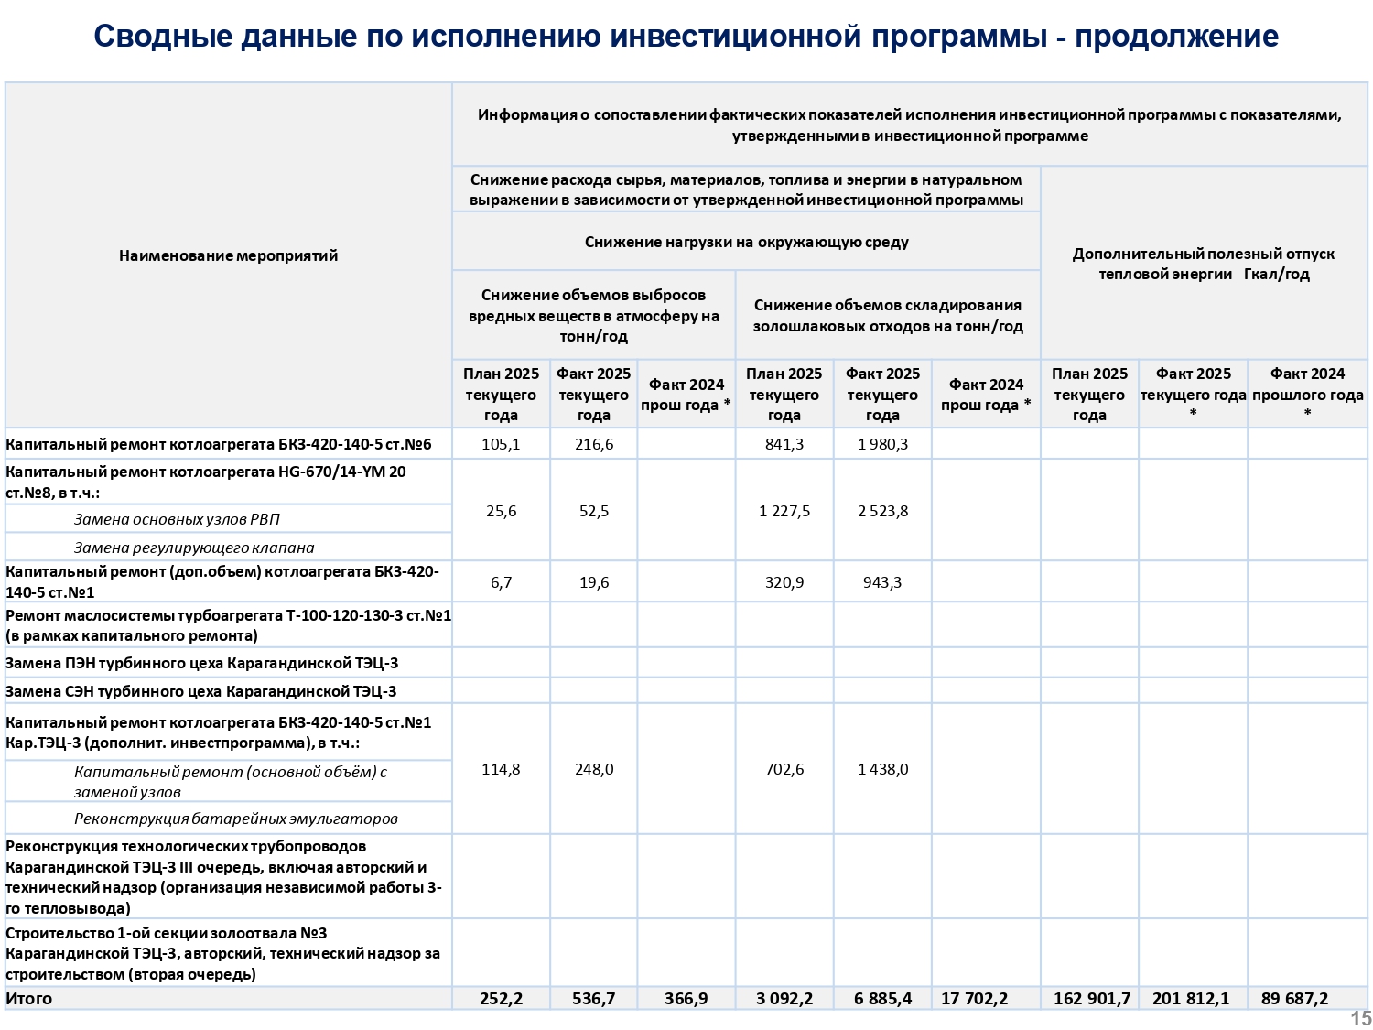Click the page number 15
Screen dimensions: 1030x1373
point(1360,1018)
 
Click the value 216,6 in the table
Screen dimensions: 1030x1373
point(594,444)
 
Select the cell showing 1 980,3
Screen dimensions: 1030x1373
point(882,444)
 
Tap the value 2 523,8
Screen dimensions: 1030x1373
point(882,511)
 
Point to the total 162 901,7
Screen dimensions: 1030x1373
point(1091,998)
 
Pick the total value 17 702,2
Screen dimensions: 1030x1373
point(974,998)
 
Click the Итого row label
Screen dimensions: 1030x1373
point(29,998)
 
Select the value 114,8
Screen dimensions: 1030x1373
point(501,769)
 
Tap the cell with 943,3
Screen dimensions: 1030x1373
point(882,582)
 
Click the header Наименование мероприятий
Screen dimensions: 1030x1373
point(228,255)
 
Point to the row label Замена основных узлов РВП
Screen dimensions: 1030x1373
point(177,519)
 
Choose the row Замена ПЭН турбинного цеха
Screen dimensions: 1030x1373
point(201,663)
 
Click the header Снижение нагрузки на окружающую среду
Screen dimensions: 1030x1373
point(746,242)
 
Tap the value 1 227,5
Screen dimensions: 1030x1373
point(784,511)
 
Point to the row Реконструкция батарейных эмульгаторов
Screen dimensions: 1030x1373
point(235,819)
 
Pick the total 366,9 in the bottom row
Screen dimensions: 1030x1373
point(686,998)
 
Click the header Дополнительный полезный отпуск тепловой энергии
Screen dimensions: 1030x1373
point(1203,264)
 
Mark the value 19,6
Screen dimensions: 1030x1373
point(594,582)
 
